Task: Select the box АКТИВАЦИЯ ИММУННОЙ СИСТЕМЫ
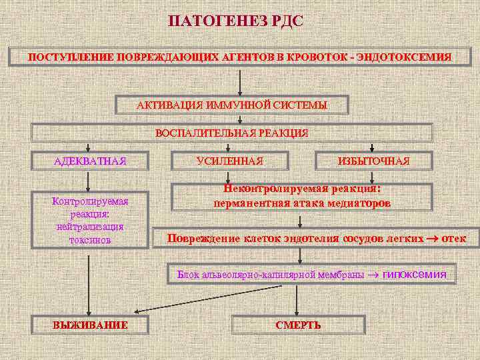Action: click(x=232, y=105)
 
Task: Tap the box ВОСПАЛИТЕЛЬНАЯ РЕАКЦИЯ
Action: click(x=232, y=133)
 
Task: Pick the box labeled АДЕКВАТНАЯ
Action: click(x=90, y=161)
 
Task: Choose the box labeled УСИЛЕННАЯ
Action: click(x=230, y=161)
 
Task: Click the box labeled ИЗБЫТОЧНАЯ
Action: click(x=373, y=161)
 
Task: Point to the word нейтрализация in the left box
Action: click(x=90, y=227)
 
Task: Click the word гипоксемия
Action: click(x=414, y=274)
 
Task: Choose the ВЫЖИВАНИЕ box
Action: click(x=90, y=325)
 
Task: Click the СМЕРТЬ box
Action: click(x=298, y=325)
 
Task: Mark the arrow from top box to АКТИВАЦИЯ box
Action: click(x=240, y=80)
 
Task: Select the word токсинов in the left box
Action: click(x=90, y=239)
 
